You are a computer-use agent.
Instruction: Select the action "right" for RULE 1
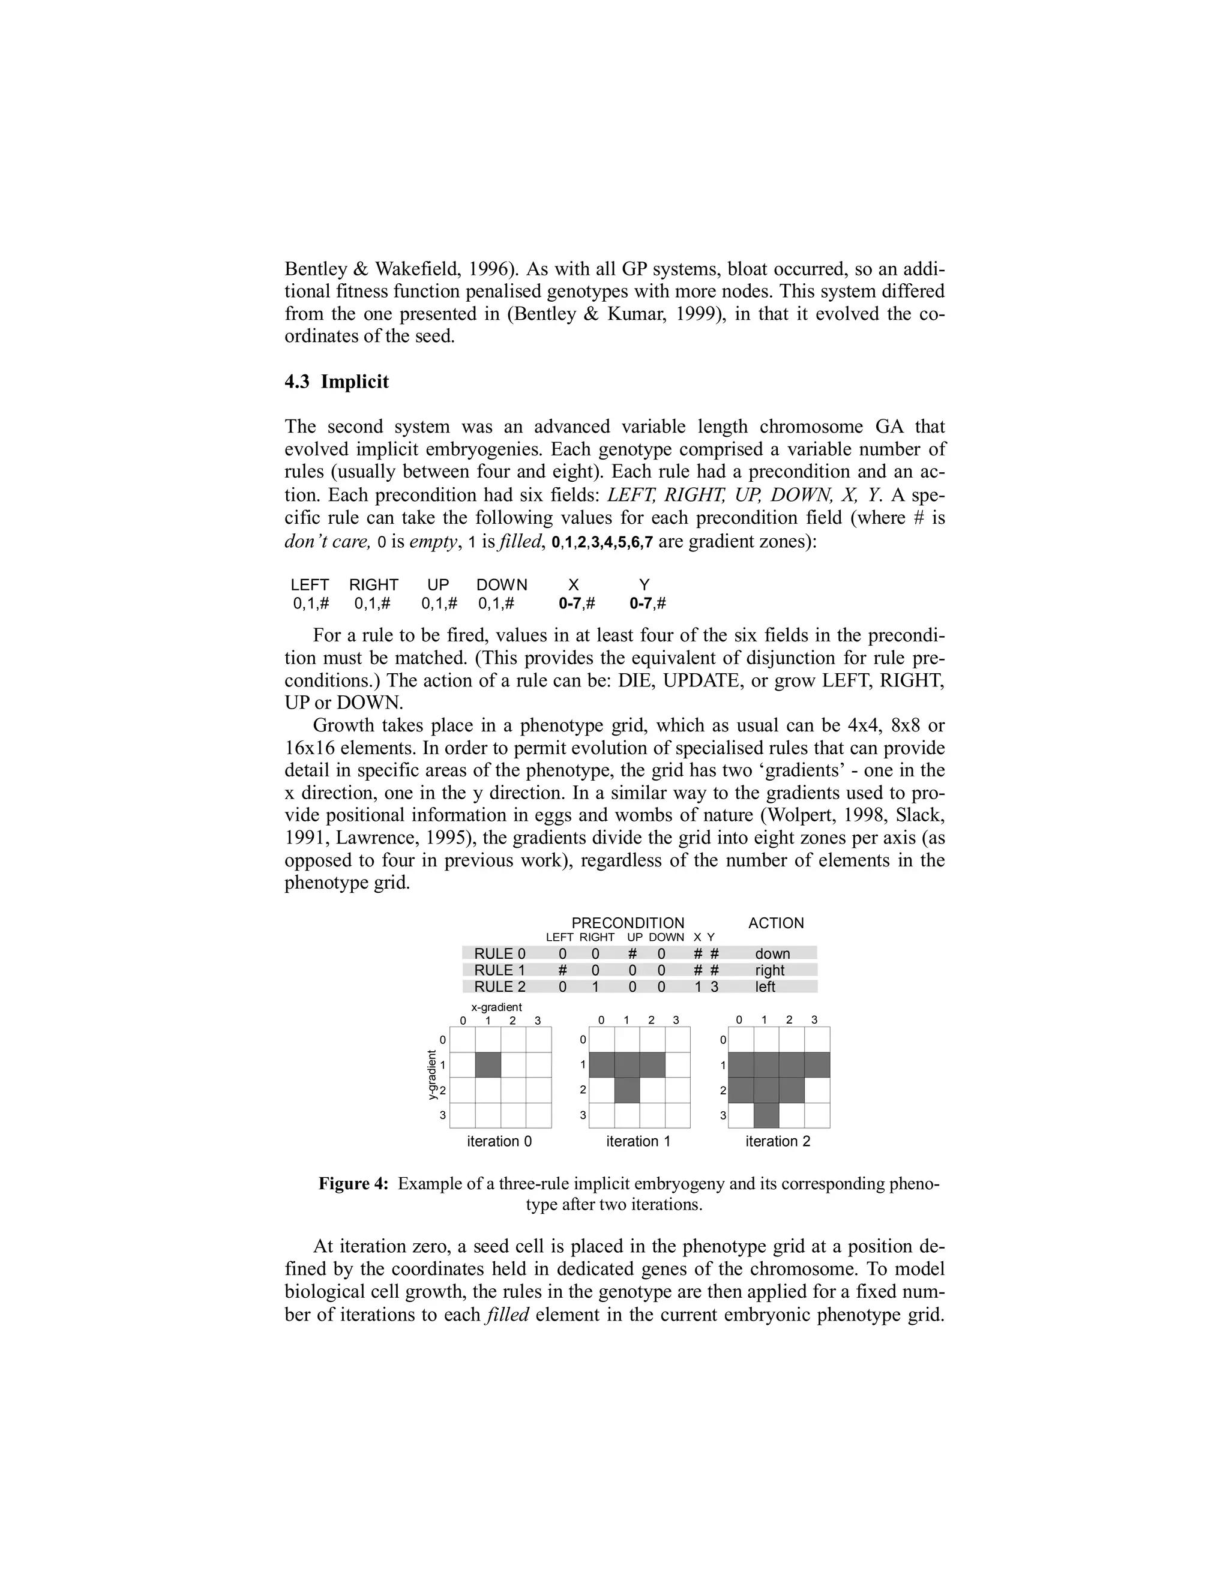(x=769, y=970)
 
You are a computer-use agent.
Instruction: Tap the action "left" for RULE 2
(x=765, y=987)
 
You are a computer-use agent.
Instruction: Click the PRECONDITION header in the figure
(x=628, y=923)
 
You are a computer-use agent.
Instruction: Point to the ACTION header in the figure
(x=776, y=923)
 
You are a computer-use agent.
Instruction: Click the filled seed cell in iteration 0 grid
(x=488, y=1065)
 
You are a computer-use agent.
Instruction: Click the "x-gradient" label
(x=496, y=1007)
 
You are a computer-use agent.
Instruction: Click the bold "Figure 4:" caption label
(x=354, y=1184)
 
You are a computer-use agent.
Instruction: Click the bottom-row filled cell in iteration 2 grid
(x=766, y=1115)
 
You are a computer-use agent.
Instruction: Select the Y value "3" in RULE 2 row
(x=714, y=987)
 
